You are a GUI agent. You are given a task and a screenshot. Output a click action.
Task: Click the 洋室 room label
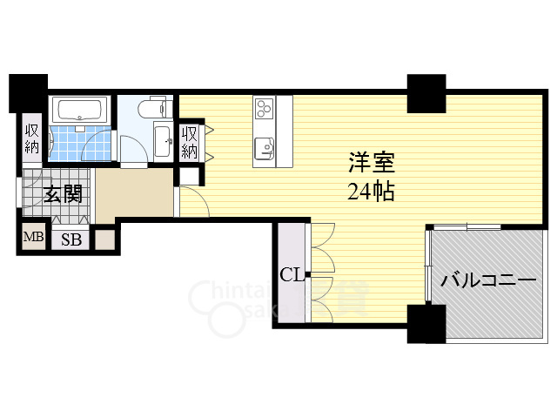point(372,163)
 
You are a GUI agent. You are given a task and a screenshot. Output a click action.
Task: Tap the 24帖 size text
point(372,192)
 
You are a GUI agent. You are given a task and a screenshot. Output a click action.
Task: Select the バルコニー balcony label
point(488,280)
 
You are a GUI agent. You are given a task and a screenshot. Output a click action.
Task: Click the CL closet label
point(292,274)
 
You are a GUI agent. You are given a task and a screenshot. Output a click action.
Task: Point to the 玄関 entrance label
point(64,194)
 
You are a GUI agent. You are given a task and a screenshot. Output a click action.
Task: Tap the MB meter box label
point(34,236)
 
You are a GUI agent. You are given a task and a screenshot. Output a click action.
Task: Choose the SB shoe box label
point(71,239)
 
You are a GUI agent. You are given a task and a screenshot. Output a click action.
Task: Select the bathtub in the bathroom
point(79,109)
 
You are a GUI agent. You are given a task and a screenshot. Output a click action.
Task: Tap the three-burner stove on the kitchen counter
point(265,108)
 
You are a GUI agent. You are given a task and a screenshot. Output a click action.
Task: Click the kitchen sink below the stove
point(265,148)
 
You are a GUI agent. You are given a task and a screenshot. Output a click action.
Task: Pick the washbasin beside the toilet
point(164,141)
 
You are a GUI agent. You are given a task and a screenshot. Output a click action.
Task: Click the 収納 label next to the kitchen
point(190,142)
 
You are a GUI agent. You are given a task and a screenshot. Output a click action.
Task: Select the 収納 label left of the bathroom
point(32,138)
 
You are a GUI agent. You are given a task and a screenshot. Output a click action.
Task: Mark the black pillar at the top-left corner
point(28,93)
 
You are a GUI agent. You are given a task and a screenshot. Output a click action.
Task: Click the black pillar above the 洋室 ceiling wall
point(426,93)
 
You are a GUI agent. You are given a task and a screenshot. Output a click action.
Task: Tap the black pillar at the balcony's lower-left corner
point(426,324)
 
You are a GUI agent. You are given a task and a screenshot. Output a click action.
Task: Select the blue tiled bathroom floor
point(80,143)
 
